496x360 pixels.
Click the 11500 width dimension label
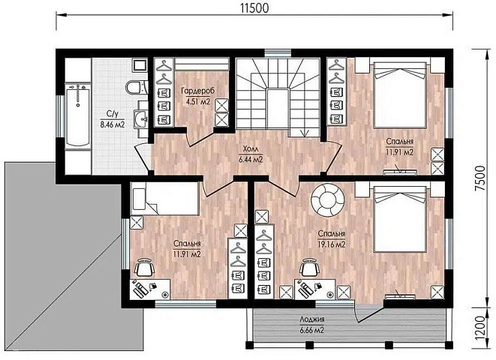pos(254,7)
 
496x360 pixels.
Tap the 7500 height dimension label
pos(480,178)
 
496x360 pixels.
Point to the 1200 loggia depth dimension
pos(480,327)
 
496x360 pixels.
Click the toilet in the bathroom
pos(136,87)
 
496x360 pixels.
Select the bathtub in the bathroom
pos(78,115)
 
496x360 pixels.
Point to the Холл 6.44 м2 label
pos(251,154)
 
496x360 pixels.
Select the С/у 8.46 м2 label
pos(113,118)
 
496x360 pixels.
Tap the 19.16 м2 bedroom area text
pos(332,244)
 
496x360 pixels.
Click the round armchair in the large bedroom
pos(328,199)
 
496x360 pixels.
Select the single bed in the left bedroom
pos(165,199)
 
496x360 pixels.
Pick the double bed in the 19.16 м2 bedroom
pos(399,219)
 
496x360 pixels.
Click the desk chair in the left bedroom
pos(145,268)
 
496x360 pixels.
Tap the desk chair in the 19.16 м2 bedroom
pos(309,268)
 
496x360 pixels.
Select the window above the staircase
pos(278,52)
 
